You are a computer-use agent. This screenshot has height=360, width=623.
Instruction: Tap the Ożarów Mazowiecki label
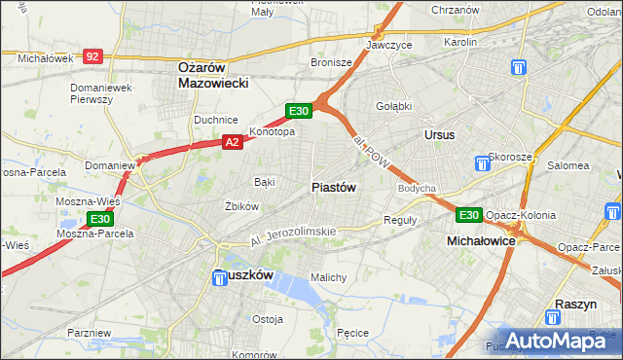(x=214, y=76)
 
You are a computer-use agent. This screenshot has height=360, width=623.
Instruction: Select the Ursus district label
(x=439, y=134)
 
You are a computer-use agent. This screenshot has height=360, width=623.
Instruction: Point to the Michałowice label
(x=480, y=239)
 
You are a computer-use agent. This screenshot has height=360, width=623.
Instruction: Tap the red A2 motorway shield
(x=232, y=143)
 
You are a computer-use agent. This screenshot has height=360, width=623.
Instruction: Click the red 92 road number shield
(x=92, y=57)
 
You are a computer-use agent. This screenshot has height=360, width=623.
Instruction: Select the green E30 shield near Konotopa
(x=299, y=112)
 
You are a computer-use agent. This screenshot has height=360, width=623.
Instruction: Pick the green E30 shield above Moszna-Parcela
(x=99, y=220)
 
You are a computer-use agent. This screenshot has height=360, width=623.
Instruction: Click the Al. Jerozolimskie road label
(x=292, y=234)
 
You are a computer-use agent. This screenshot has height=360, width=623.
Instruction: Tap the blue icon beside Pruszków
(x=221, y=278)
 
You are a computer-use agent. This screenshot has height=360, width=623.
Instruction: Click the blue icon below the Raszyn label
(x=554, y=318)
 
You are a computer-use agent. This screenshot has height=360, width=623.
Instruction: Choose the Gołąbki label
(x=393, y=107)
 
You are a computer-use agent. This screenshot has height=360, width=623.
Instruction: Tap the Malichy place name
(x=329, y=277)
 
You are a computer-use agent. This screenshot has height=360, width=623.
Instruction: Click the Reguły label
(x=400, y=220)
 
